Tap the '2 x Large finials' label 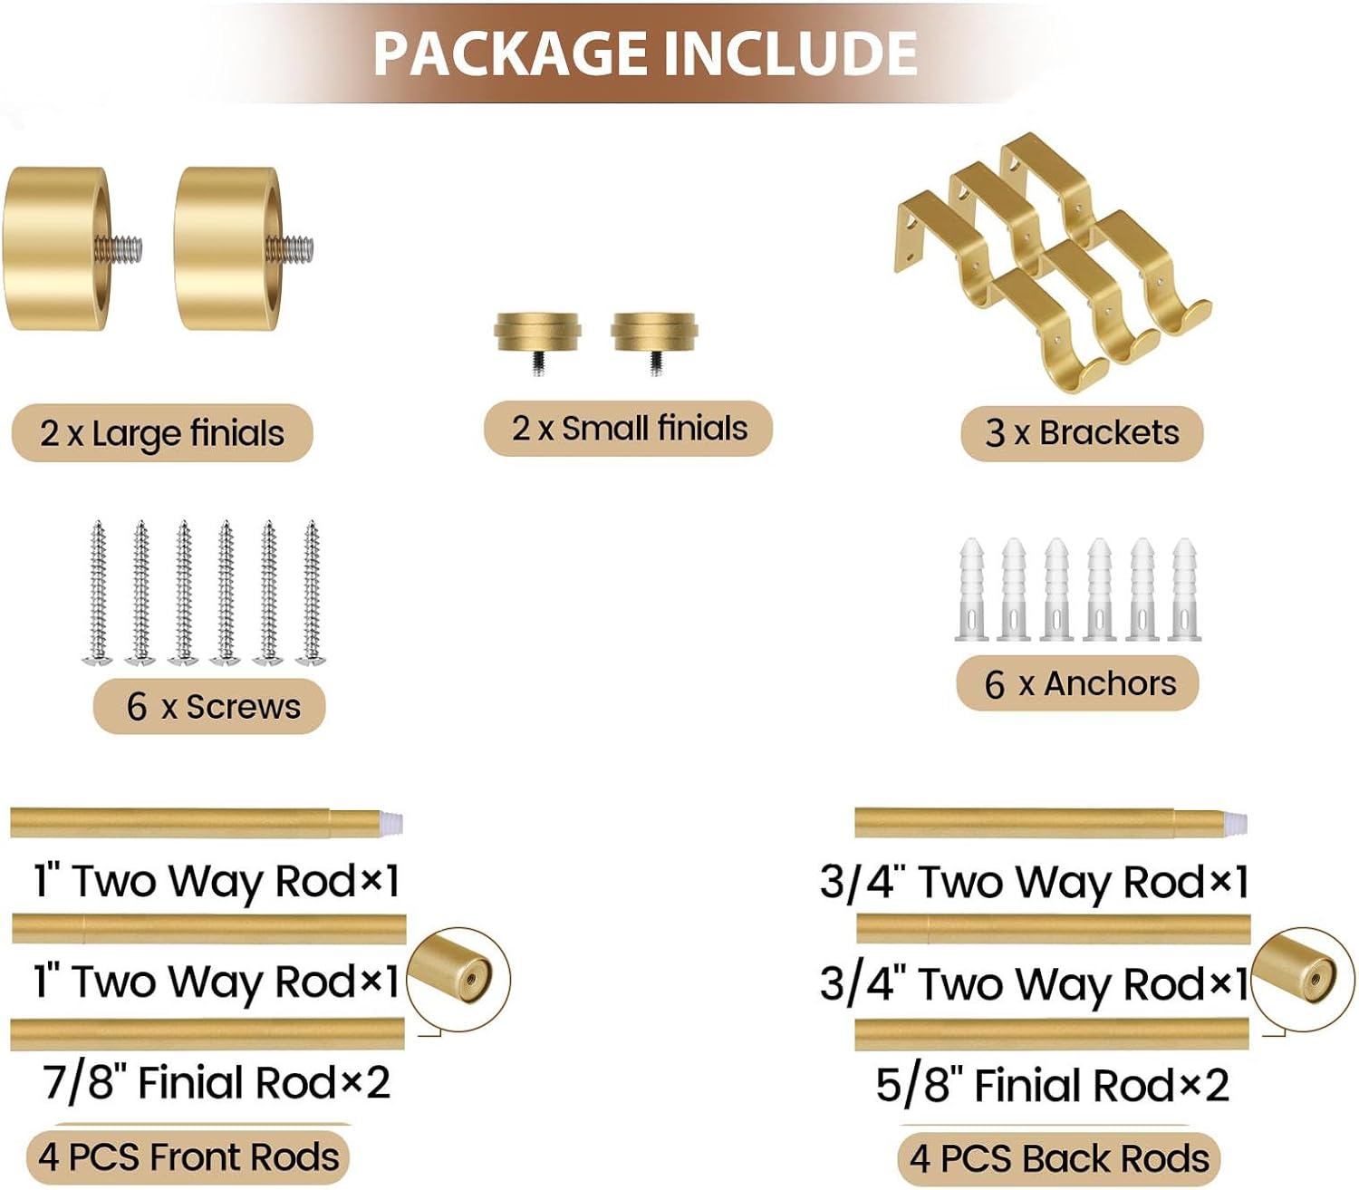pyautogui.click(x=161, y=433)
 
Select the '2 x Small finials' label pyautogui.click(x=629, y=429)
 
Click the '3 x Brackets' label pyautogui.click(x=1082, y=433)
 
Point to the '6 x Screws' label pyautogui.click(x=210, y=706)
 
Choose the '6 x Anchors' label pyautogui.click(x=1078, y=683)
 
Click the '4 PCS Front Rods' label pyautogui.click(x=188, y=1157)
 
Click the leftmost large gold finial pyautogui.click(x=56, y=248)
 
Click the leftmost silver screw pyautogui.click(x=98, y=593)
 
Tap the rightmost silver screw pyautogui.click(x=312, y=593)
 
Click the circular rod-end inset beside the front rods pyautogui.click(x=458, y=978)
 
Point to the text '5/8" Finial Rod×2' pyautogui.click(x=1052, y=1085)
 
